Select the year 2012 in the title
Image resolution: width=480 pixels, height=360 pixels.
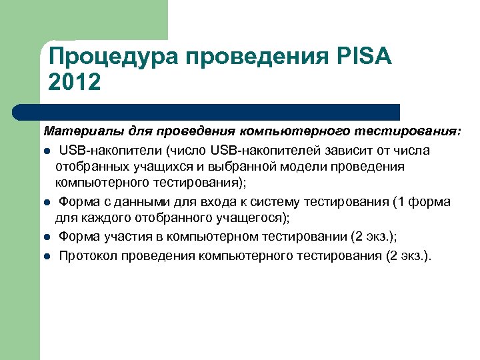75,83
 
